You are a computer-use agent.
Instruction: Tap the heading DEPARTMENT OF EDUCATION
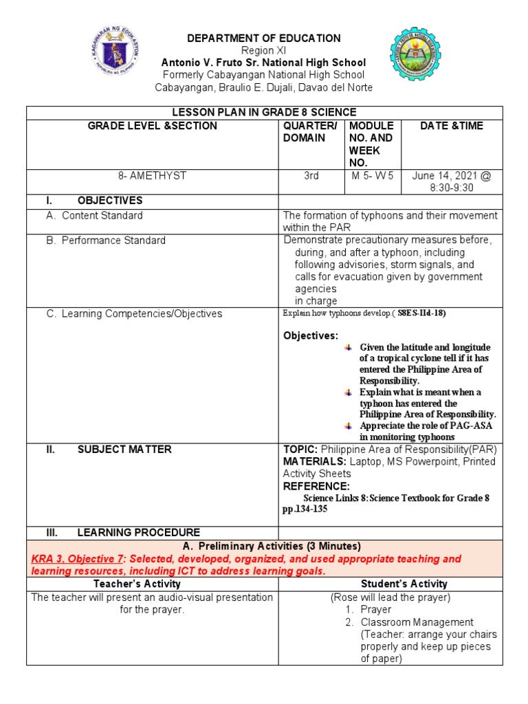click(x=265, y=38)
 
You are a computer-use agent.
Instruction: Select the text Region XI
click(x=265, y=51)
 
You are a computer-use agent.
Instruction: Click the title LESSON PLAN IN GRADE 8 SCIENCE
click(x=265, y=112)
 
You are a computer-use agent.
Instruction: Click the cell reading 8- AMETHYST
click(x=152, y=176)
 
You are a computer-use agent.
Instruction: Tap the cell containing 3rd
click(x=311, y=176)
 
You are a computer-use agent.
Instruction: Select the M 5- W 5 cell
click(x=372, y=176)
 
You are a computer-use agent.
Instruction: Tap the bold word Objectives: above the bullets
click(x=311, y=335)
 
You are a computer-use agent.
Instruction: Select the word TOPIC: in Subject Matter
click(x=300, y=449)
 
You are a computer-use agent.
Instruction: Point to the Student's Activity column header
click(x=390, y=584)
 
